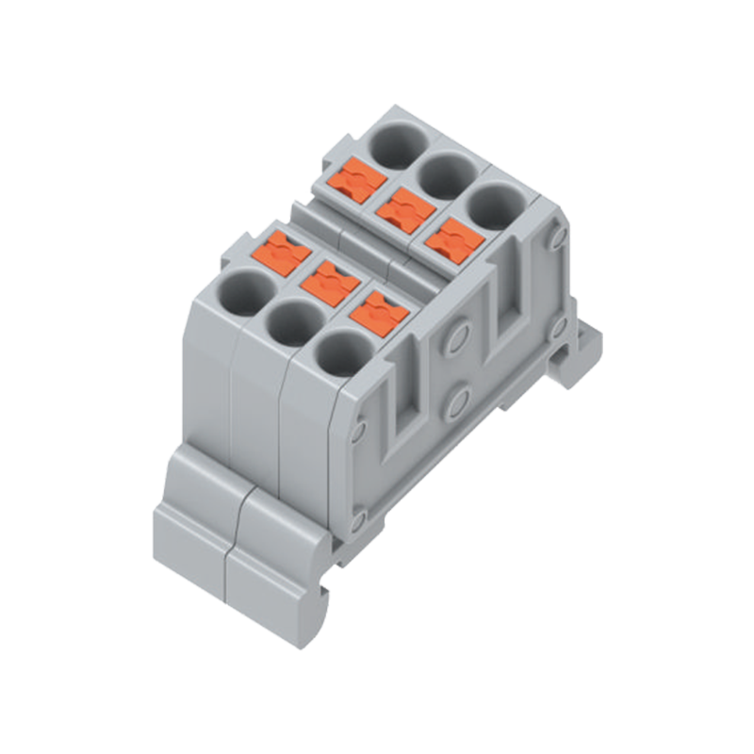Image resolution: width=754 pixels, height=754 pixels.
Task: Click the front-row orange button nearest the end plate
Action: click(379, 312)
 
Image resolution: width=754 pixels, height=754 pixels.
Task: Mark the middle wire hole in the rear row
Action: click(446, 174)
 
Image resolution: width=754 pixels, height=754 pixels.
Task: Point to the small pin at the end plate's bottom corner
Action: click(357, 519)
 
